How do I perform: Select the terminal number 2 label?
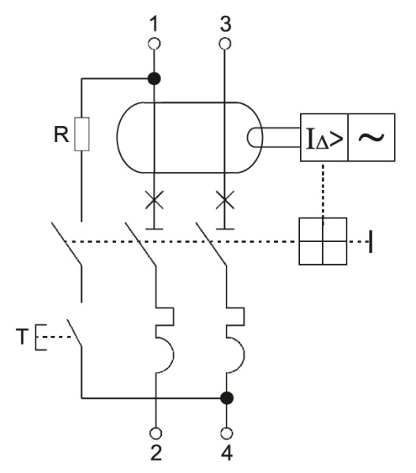[x=155, y=454]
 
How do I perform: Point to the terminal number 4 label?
[x=227, y=454]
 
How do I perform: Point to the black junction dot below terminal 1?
[x=155, y=78]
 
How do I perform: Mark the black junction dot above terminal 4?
[x=227, y=397]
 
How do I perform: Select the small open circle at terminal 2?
[x=155, y=432]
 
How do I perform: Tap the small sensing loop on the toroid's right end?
[x=257, y=136]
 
